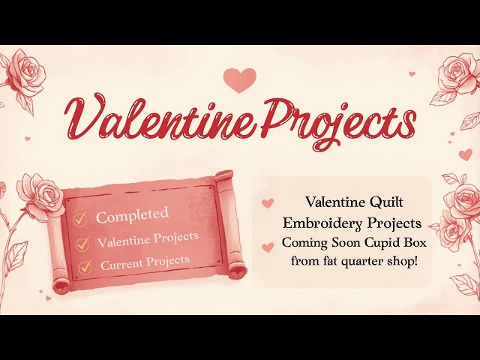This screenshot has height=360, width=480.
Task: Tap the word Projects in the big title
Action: pyautogui.click(x=331, y=121)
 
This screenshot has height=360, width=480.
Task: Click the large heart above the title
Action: pyautogui.click(x=240, y=79)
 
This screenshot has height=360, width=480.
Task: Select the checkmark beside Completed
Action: pyautogui.click(x=80, y=219)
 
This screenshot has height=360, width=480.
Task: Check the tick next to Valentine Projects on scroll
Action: pyautogui.click(x=83, y=243)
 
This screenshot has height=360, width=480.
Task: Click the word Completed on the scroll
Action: pyautogui.click(x=132, y=215)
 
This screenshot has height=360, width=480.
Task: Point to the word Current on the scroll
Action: pyautogui.click(x=123, y=264)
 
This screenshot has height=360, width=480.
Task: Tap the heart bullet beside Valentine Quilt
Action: pyautogui.click(x=268, y=203)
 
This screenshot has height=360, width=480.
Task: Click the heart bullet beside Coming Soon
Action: pyautogui.click(x=268, y=244)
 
